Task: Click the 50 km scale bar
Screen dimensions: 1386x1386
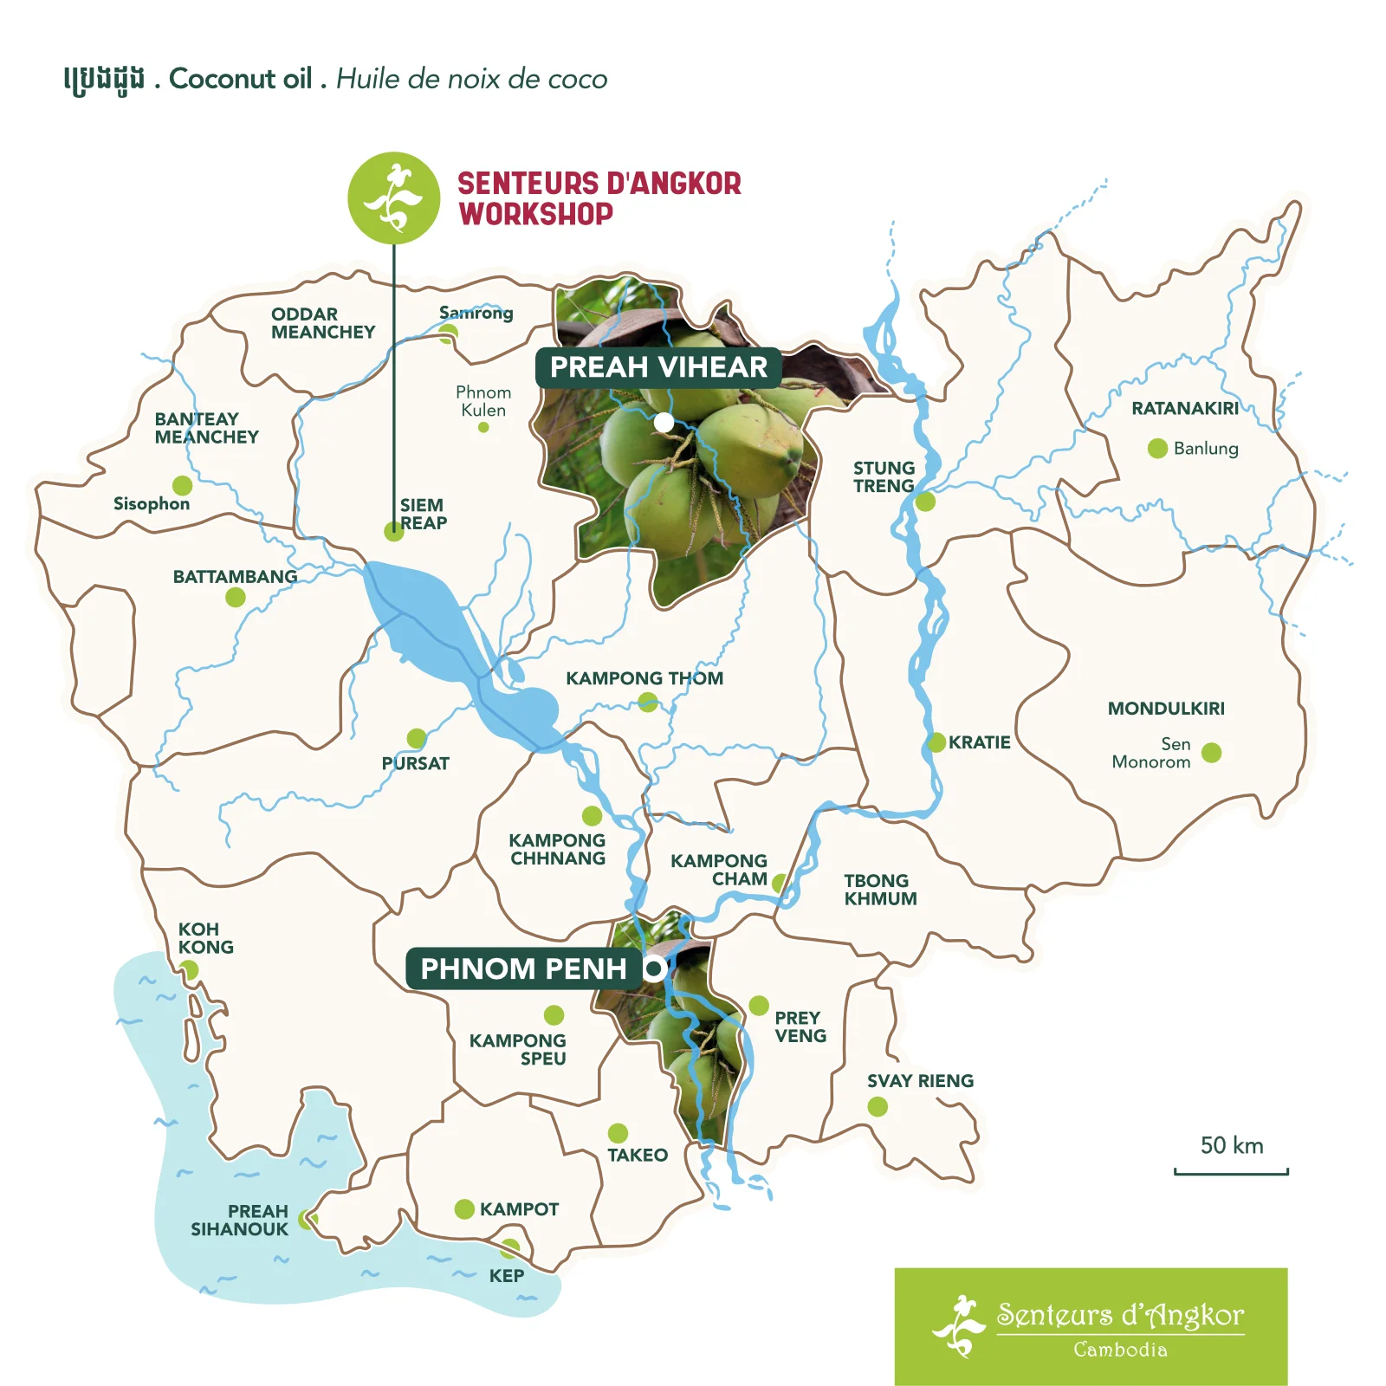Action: (1231, 1171)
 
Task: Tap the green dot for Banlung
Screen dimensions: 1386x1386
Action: (1157, 448)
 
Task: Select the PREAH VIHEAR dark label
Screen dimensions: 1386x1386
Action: (658, 367)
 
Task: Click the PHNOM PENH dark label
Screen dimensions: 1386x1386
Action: (523, 968)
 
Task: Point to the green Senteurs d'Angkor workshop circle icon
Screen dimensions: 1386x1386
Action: (394, 198)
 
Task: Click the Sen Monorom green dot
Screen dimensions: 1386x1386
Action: (1212, 752)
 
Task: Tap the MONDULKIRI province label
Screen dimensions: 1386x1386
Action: (1166, 709)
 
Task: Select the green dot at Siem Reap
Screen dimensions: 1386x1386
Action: (394, 532)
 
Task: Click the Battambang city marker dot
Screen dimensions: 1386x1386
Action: (236, 597)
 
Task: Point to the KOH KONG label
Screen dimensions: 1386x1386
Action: (205, 938)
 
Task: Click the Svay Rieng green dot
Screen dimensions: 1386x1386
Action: (878, 1106)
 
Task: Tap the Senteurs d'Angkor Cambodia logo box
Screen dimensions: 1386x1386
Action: (1091, 1326)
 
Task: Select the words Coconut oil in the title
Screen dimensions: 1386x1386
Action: (240, 79)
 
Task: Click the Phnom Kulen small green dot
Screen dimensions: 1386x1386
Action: (483, 427)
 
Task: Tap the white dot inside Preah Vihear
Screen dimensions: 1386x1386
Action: (664, 422)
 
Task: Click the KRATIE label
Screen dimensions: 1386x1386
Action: (979, 742)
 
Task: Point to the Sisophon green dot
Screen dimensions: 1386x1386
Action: (182, 484)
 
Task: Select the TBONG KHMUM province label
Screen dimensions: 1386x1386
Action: (880, 890)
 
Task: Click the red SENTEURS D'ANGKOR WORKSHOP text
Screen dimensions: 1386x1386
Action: (599, 198)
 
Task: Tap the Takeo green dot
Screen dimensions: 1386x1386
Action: (618, 1133)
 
